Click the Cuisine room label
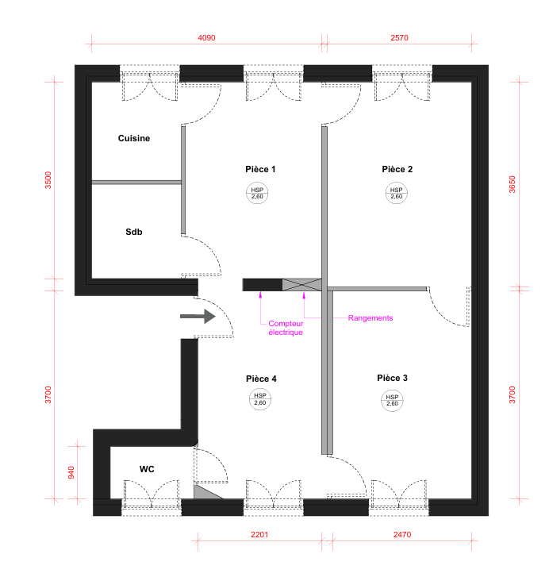(134, 138)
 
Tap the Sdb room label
(134, 232)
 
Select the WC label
(147, 469)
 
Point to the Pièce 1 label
(260, 169)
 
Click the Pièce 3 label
(393, 378)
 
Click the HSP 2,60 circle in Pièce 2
(397, 193)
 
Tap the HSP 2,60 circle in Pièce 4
(260, 399)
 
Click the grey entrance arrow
(198, 317)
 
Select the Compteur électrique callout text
(286, 328)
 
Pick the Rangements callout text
(370, 318)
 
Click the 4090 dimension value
(206, 38)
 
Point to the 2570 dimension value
(399, 38)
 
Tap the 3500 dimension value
(48, 180)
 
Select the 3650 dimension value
(513, 184)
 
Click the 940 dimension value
(71, 472)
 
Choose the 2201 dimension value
(259, 535)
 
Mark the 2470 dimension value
(402, 535)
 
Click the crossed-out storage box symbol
(302, 285)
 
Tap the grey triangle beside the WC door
(204, 493)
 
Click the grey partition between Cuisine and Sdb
(136, 183)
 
